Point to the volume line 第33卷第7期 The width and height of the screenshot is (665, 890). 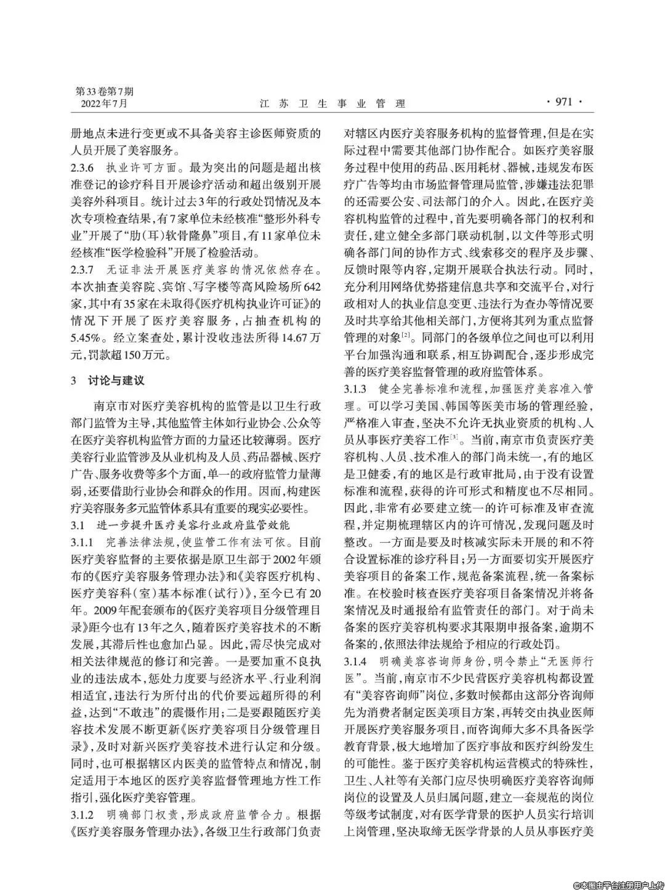(104, 91)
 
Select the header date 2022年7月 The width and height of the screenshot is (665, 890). (104, 103)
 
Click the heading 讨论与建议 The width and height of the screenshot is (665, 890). (116, 380)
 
